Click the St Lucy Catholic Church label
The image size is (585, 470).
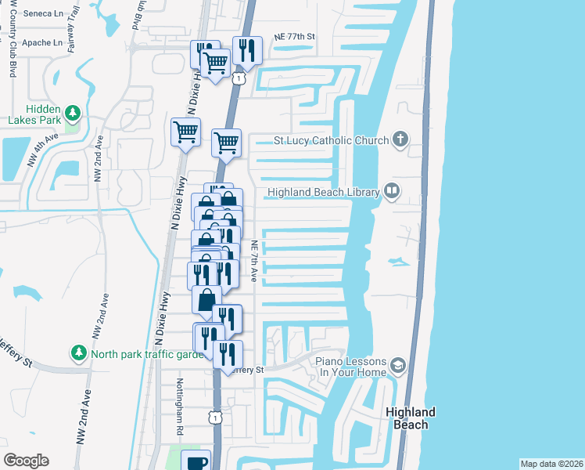[x=330, y=141]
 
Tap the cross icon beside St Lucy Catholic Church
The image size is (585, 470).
[x=400, y=140]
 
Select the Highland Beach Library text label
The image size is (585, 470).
[x=323, y=192]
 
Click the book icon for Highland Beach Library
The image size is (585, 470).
[x=391, y=191]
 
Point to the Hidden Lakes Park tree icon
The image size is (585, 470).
[x=72, y=113]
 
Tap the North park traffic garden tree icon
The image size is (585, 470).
[x=78, y=353]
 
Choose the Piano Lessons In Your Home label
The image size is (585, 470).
[x=351, y=367]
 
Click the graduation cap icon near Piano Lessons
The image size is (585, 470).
[x=398, y=366]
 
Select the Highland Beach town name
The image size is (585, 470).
[x=410, y=418]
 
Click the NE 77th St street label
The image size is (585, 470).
[x=293, y=37]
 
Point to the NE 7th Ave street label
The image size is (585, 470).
[x=254, y=259]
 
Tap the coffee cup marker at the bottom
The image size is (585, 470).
[x=196, y=461]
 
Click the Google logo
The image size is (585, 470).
[x=26, y=461]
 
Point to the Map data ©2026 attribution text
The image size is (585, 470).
[x=551, y=464]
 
